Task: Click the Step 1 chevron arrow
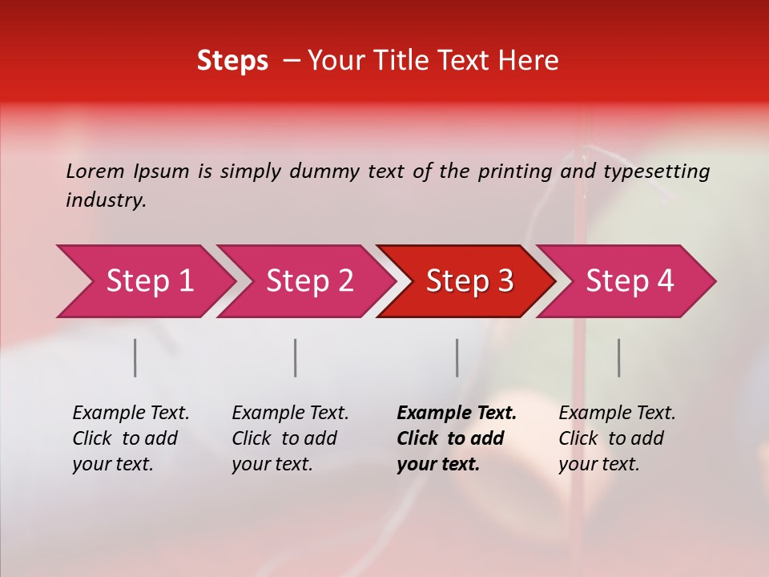[x=144, y=281]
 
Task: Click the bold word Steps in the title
[x=232, y=61]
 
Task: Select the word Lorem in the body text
[x=95, y=171]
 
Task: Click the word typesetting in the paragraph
[x=656, y=171]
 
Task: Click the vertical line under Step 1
[x=135, y=357]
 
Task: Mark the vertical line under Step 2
[x=296, y=357]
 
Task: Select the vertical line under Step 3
[x=457, y=357]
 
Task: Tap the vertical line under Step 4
[x=618, y=357]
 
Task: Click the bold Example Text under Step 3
[x=457, y=413]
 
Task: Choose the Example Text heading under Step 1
[x=131, y=413]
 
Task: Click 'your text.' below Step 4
[x=598, y=464]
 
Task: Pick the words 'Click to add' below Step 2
[x=284, y=438]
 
